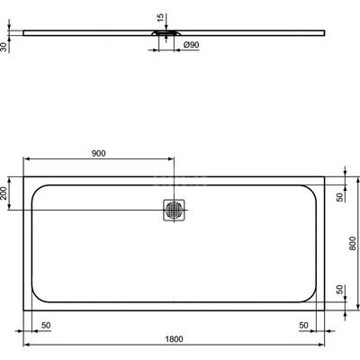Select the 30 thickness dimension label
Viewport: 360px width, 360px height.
[6, 45]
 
